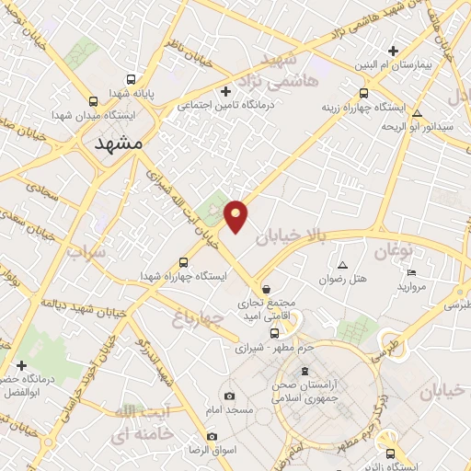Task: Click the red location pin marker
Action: [236, 215]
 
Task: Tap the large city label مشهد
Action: [121, 144]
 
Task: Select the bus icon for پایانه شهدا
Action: [132, 79]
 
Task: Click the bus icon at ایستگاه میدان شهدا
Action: [92, 102]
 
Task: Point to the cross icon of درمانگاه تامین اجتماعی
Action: [225, 90]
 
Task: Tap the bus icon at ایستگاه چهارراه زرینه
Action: [364, 93]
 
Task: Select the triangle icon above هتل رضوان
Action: [342, 264]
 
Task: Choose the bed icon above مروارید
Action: [411, 272]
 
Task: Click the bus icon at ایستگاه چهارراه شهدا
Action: [183, 262]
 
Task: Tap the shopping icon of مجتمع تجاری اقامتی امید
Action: [267, 288]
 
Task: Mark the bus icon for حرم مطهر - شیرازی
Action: [273, 333]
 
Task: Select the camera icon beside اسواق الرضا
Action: [213, 436]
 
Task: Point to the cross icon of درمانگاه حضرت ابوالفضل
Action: [21, 365]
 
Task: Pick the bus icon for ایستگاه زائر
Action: [391, 454]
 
